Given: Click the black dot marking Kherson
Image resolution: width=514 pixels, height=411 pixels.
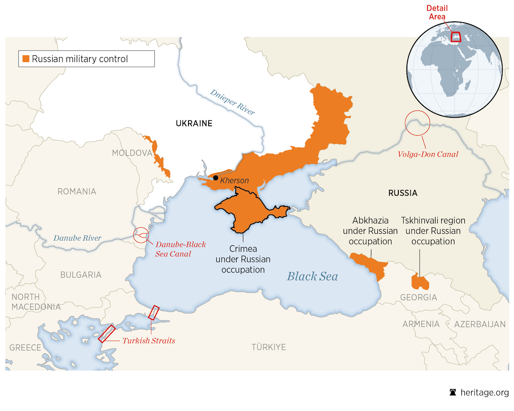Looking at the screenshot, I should point(216,178).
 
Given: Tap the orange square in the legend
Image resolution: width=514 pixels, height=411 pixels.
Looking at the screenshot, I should point(26,59).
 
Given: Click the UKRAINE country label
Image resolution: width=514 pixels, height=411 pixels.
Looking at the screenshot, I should point(194,124).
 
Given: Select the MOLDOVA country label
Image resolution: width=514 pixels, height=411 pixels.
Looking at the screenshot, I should point(132,153).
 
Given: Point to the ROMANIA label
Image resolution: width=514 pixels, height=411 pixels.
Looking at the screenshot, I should point(77,191).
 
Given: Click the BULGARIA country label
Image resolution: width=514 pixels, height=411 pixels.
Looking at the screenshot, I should point(81,275).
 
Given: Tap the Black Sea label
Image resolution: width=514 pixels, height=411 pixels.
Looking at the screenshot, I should point(312,276).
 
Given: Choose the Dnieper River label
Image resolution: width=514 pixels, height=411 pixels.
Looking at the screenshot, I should point(233,102).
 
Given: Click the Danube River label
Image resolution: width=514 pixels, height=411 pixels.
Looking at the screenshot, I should point(78,238).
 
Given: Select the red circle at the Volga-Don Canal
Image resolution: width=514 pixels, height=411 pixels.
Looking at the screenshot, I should point(417,122).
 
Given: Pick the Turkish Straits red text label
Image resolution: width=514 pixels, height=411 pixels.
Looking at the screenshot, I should point(149,341).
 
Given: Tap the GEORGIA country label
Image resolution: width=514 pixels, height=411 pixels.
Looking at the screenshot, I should point(418,297).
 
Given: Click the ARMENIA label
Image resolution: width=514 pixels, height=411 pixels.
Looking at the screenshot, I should point(421,324).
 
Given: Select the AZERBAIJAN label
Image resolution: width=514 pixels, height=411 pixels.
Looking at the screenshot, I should point(480,324).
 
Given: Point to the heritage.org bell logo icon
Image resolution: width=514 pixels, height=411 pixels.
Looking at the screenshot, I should point(452,393).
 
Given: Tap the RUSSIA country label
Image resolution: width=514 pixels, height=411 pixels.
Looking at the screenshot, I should point(403,193).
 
